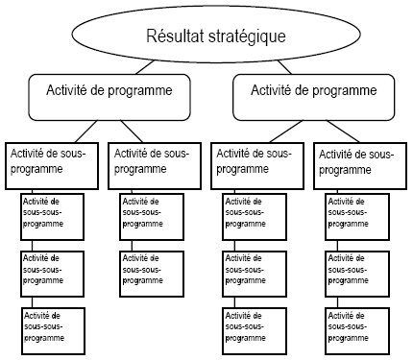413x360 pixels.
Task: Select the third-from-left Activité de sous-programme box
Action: (257, 163)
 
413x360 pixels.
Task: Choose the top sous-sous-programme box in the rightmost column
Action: (356, 215)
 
